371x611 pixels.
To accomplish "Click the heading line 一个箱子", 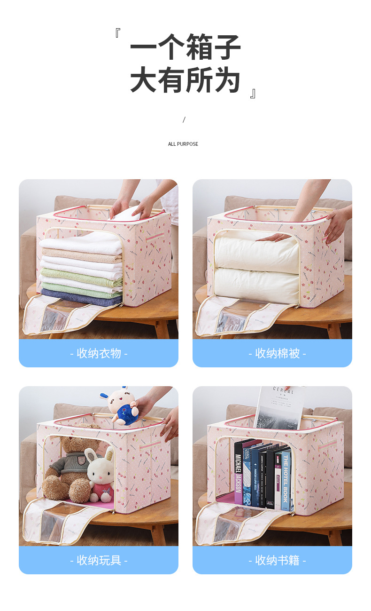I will click(x=185, y=47).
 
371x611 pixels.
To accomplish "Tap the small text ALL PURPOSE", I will click(x=183, y=144).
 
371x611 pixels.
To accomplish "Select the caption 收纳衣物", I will click(x=99, y=353).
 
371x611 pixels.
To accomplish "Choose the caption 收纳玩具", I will click(x=99, y=560).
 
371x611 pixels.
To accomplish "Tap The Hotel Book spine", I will click(x=285, y=480).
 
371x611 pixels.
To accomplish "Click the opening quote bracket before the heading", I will click(x=118, y=33).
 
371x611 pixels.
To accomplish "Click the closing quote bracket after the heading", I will click(x=253, y=93).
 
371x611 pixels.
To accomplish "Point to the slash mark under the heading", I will click(x=184, y=120).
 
